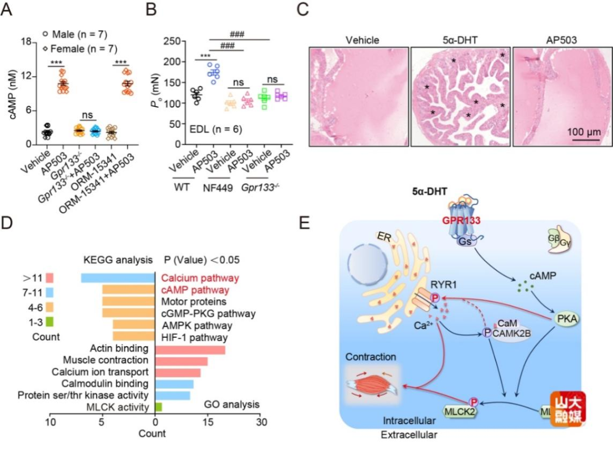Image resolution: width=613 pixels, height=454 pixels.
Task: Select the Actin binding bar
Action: [190, 348]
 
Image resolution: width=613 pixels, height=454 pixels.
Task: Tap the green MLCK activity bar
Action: [158, 407]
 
